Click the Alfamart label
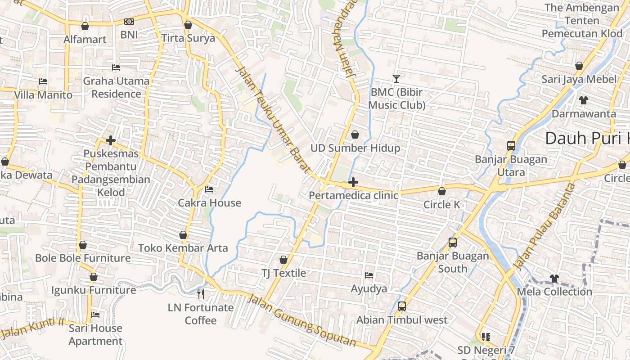point(85,39)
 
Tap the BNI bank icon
point(129,22)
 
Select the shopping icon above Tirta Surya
point(188,25)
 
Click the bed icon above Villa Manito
point(43,81)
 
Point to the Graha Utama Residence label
point(116,87)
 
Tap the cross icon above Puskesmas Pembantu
point(111,140)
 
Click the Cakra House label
point(209,202)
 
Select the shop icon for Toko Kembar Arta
point(183,235)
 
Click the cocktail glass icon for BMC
point(396,79)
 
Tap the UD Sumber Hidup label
point(355,148)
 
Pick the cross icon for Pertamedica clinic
point(353,182)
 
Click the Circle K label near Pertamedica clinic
point(441,205)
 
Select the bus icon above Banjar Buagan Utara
point(511,146)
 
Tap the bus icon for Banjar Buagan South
point(453,243)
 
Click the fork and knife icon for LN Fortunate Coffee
point(201,294)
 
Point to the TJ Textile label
point(283,273)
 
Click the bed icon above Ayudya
point(369,275)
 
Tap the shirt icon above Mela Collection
point(554,279)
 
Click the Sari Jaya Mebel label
point(579,79)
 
